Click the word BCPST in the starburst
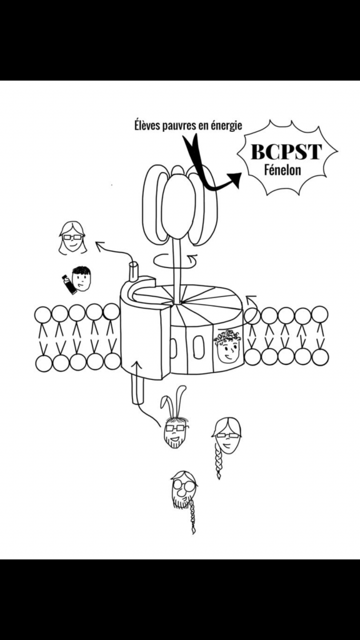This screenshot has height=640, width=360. [x=286, y=152]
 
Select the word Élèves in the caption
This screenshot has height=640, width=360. [x=147, y=125]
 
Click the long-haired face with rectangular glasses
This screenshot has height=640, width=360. [x=72, y=237]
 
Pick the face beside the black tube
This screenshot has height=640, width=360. [x=81, y=278]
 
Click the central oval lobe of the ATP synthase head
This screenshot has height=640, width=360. [x=175, y=204]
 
